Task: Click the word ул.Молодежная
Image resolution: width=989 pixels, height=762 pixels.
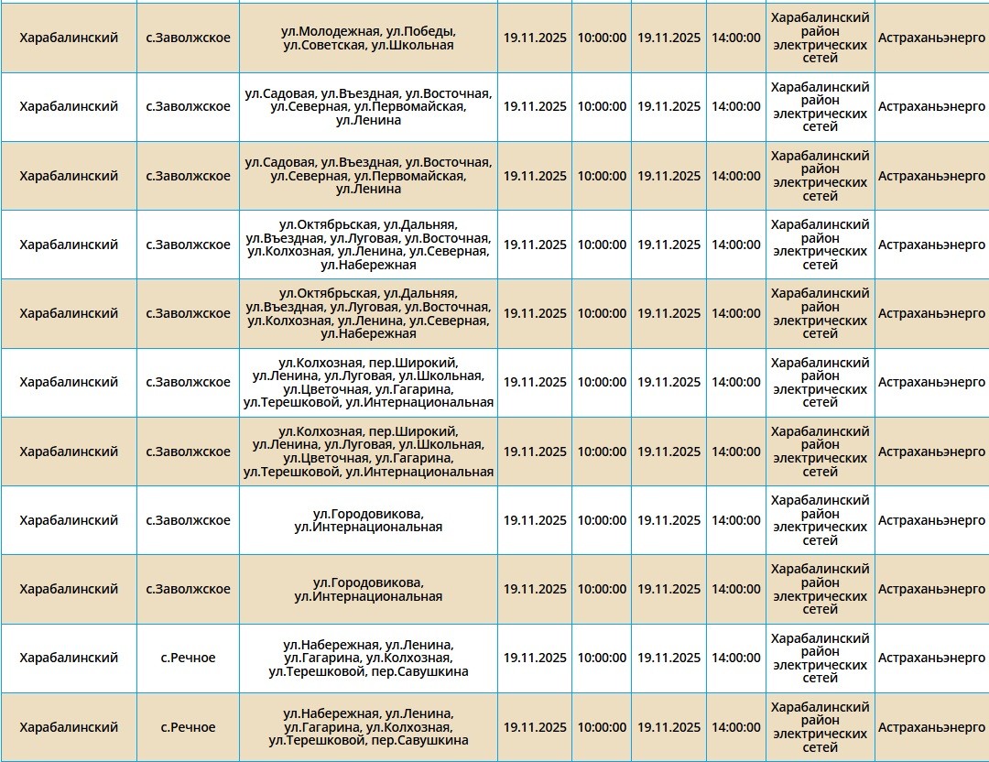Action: click(x=321, y=31)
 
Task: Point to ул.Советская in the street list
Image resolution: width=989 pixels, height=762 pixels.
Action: click(x=323, y=45)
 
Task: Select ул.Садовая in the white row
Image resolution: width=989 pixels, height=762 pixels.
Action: click(x=279, y=93)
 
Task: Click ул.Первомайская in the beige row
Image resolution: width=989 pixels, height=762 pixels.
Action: click(x=409, y=176)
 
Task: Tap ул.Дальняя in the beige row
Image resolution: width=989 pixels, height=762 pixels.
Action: click(x=419, y=293)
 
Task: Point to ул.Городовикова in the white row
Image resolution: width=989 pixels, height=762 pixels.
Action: click(x=368, y=513)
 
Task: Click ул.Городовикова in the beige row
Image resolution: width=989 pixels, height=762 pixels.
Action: click(x=368, y=582)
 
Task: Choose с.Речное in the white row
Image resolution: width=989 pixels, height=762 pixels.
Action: click(x=188, y=658)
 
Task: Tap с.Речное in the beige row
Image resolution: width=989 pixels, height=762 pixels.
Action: click(x=188, y=727)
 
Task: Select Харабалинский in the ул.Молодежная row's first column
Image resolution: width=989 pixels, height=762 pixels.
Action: click(x=69, y=38)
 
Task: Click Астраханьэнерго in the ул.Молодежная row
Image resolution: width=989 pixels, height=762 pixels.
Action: click(x=931, y=38)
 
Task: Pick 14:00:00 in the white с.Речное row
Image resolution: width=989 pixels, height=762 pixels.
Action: click(x=736, y=658)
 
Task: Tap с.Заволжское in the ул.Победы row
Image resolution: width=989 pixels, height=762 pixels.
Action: click(x=188, y=38)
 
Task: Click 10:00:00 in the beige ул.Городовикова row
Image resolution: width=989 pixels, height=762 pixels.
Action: click(x=602, y=589)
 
